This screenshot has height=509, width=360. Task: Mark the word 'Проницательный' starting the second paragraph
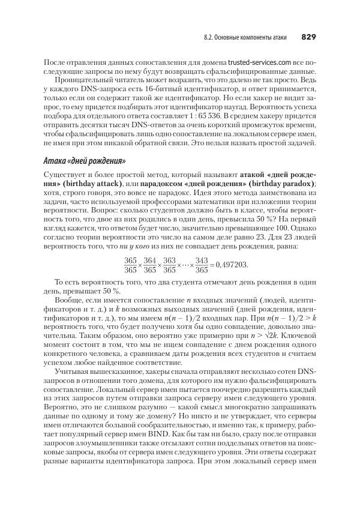coord(82,79)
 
